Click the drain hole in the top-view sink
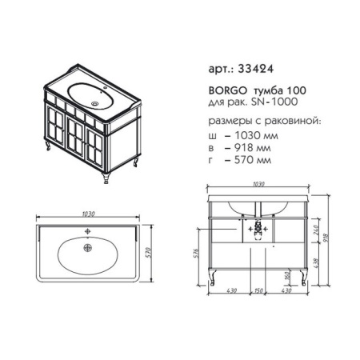point(88,248)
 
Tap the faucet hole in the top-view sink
point(87,231)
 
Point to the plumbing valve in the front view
point(258,231)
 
